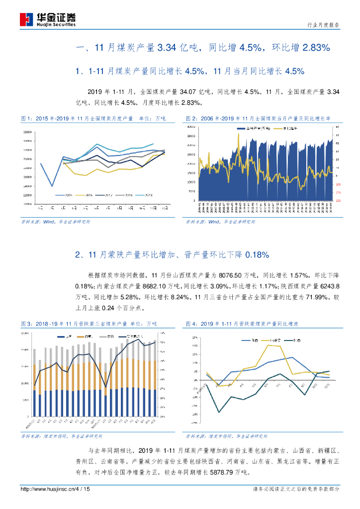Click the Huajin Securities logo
pyautogui.click(x=48, y=19)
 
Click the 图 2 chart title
pyautogui.click(x=259, y=119)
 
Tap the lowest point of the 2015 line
pyautogui.click(x=52, y=186)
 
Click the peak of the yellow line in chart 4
pyautogui.click(x=269, y=345)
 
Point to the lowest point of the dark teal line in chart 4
pyautogui.click(x=219, y=412)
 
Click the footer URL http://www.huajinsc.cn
pyautogui.click(x=46, y=489)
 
